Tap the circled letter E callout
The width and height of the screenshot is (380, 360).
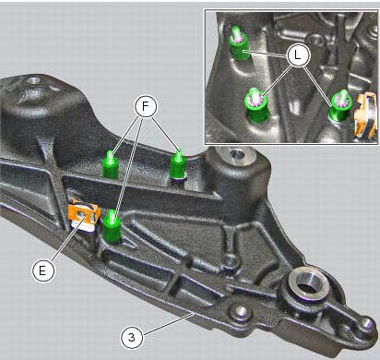(x=42, y=270)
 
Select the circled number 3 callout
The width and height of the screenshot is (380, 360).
(x=134, y=337)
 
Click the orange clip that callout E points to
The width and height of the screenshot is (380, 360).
(x=84, y=214)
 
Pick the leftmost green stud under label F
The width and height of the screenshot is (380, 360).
(x=110, y=163)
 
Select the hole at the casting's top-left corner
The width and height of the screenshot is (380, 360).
(x=35, y=81)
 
